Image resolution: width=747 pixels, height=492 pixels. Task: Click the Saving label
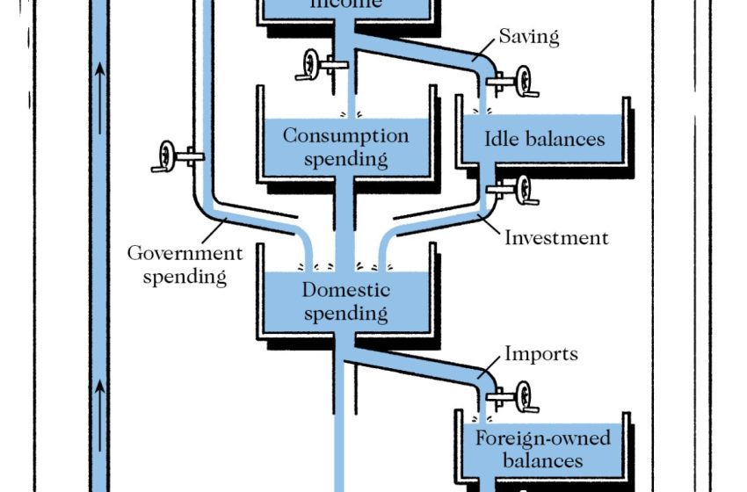pos(529,37)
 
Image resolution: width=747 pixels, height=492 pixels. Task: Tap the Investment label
pos(556,237)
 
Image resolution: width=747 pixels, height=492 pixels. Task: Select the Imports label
pos(541,354)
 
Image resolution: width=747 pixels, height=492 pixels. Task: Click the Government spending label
pos(185,265)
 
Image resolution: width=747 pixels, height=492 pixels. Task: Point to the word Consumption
pos(345,136)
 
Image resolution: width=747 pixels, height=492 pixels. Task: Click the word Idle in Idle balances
pos(502,140)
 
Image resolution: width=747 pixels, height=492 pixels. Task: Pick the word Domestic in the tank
pos(345,291)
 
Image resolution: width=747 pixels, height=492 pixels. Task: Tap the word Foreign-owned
pos(542,438)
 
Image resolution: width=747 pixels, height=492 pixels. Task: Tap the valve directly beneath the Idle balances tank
pos(522,189)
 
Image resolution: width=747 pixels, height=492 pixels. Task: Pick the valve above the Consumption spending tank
pos(312,64)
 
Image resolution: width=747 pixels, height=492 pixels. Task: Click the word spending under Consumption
pos(345,159)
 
